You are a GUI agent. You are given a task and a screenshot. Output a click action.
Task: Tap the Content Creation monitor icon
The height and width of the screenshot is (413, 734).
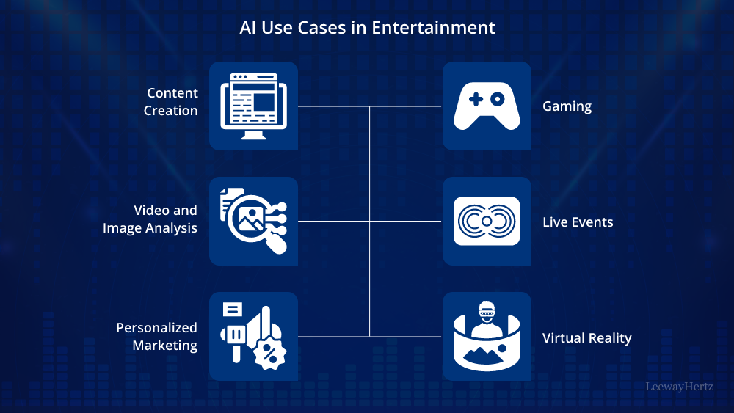pos(253,106)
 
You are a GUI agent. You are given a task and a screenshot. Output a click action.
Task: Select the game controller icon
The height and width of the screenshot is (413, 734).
pos(486,106)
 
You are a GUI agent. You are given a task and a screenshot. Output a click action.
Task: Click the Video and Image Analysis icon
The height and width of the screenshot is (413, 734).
pos(253,221)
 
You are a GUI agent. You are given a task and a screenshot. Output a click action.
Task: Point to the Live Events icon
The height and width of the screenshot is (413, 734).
pos(486,221)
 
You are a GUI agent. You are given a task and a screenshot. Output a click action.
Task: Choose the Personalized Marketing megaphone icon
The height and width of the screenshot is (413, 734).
pos(253,336)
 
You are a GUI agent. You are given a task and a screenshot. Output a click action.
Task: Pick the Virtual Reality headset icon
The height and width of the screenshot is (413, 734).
pos(486,336)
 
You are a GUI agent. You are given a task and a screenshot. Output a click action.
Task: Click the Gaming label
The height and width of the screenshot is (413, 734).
pos(567,106)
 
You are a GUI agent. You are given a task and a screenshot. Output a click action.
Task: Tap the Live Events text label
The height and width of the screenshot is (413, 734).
pos(578,222)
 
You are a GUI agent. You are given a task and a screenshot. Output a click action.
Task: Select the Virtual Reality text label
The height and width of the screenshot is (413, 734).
pos(586,337)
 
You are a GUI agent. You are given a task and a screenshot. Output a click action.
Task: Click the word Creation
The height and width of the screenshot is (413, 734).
pos(171,111)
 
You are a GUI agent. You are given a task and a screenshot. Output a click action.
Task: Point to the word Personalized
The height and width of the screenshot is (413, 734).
pos(157,328)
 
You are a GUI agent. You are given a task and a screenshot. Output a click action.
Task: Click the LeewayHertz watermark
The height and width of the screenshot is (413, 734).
pos(679,386)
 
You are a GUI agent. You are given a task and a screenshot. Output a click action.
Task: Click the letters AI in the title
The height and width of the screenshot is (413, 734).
pos(247,29)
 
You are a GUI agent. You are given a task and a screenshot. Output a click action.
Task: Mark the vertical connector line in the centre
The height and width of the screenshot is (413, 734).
pos(369,221)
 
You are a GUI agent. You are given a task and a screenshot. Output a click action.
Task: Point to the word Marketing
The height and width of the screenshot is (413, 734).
pos(165,346)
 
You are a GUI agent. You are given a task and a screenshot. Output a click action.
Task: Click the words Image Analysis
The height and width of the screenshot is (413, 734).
pos(150,228)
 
